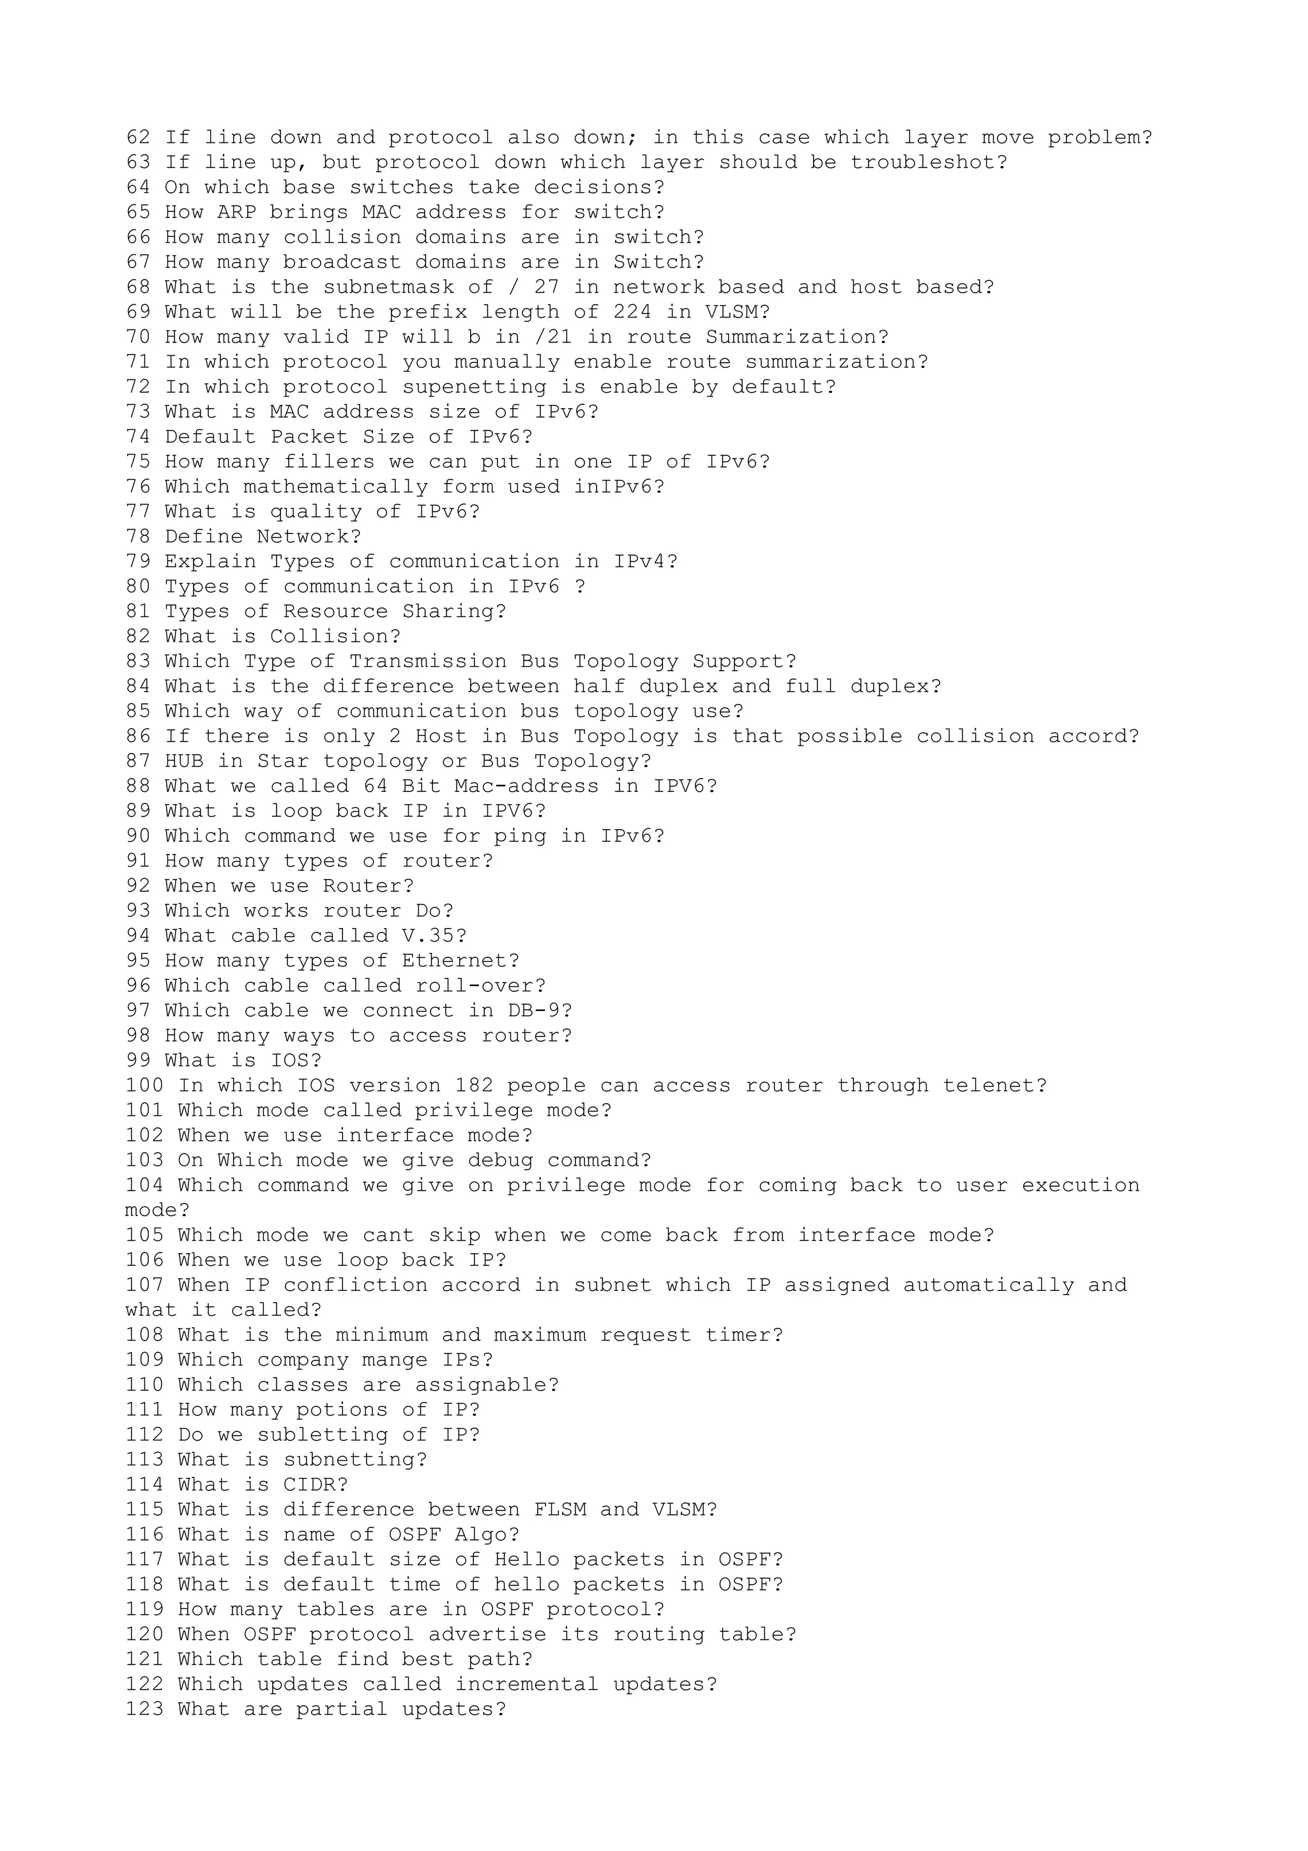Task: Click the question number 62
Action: pyautogui.click(x=138, y=138)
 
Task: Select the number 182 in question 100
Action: pyautogui.click(x=474, y=1086)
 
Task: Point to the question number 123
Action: pyautogui.click(x=144, y=1710)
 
